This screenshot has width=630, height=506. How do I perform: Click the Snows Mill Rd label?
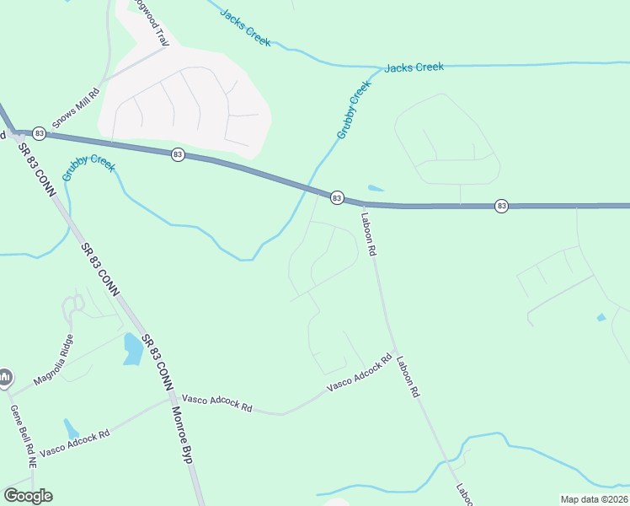76,108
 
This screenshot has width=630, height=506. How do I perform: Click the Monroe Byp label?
182,433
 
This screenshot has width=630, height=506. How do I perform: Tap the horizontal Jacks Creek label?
414,67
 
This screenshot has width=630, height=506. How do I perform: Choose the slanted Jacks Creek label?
245,27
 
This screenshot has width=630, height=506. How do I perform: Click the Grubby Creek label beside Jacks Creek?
354,110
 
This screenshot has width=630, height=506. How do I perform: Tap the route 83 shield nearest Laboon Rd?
337,197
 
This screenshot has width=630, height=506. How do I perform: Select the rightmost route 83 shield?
502,205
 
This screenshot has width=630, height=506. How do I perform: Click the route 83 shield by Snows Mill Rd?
39,133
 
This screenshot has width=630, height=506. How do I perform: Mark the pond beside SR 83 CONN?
132,348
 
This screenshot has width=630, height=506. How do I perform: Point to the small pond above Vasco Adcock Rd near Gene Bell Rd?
72,428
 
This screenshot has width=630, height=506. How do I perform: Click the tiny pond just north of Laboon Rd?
376,188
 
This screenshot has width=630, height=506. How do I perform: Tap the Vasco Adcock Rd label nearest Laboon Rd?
360,373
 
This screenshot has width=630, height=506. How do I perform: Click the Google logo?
28,496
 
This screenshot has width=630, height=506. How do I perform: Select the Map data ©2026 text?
594,499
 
